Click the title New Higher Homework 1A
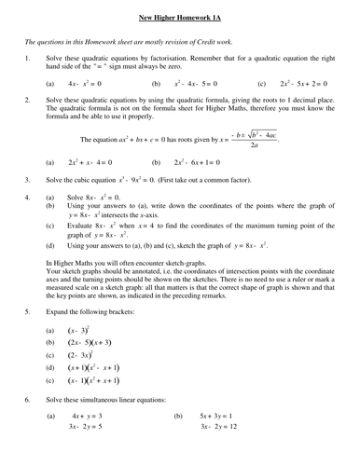[180, 16]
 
